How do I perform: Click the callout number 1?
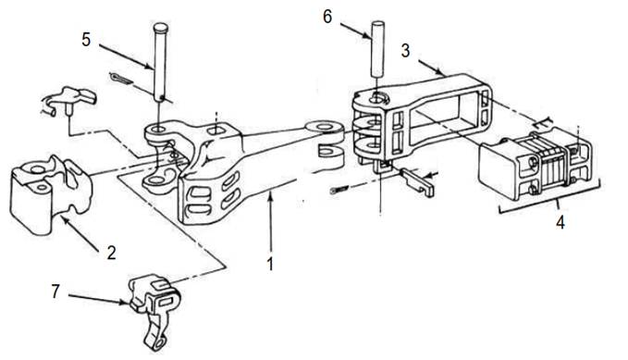pyautogui.click(x=271, y=264)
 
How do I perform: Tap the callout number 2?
pyautogui.click(x=111, y=253)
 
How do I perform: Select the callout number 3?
pyautogui.click(x=405, y=51)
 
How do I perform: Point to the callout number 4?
pyautogui.click(x=560, y=222)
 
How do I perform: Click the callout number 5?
pyautogui.click(x=86, y=40)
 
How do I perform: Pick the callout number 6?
pyautogui.click(x=327, y=17)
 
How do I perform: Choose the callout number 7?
pyautogui.click(x=55, y=292)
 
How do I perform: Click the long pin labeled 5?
pyautogui.click(x=160, y=63)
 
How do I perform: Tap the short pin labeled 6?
pyautogui.click(x=377, y=49)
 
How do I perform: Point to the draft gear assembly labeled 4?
pyautogui.click(x=536, y=162)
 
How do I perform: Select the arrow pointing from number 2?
pyautogui.click(x=80, y=233)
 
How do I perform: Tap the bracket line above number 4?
pyautogui.click(x=549, y=203)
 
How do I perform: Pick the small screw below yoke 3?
pyautogui.click(x=340, y=190)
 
